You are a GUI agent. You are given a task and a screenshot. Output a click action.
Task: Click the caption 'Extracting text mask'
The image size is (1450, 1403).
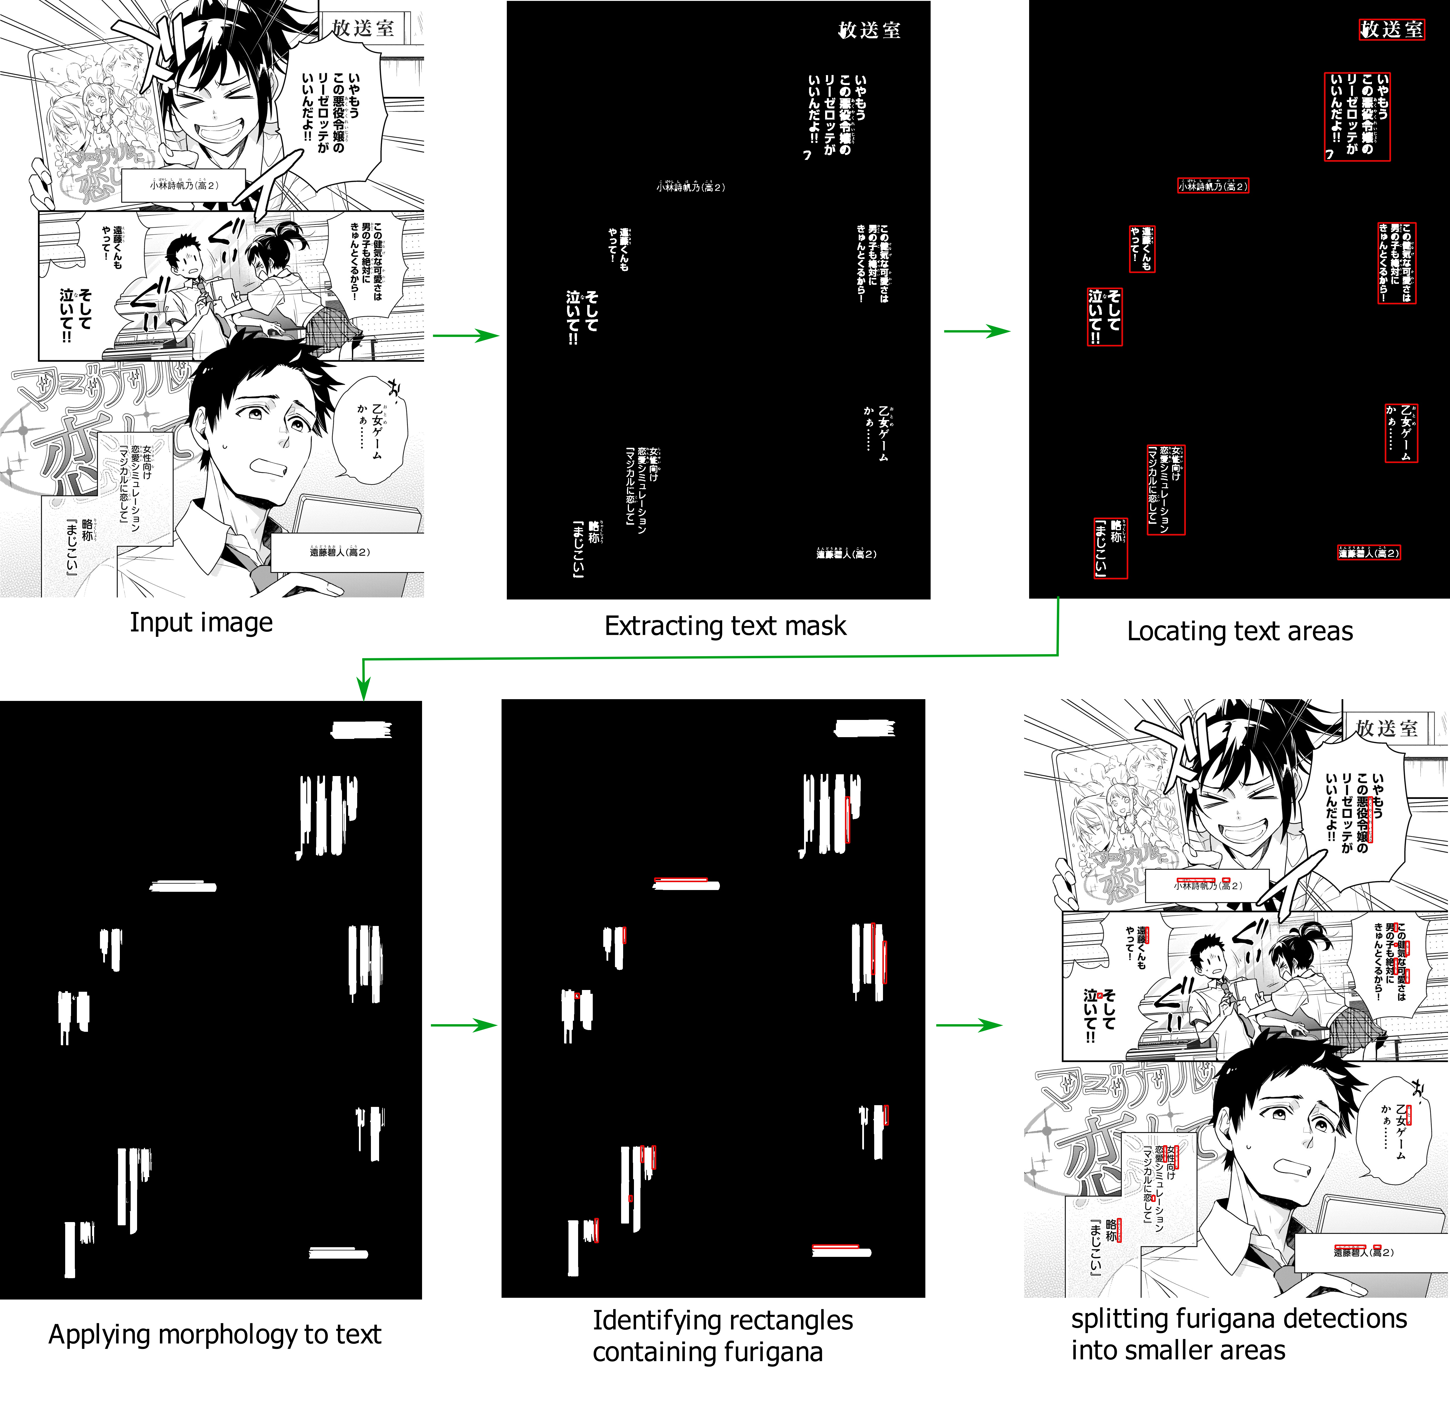(x=725, y=626)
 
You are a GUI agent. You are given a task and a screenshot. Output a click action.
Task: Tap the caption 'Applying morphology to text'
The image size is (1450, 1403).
(x=215, y=1334)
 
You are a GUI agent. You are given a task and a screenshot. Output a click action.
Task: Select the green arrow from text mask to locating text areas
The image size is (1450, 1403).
(x=977, y=331)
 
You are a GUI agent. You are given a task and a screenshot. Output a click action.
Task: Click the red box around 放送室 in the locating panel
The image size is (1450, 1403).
(x=1392, y=30)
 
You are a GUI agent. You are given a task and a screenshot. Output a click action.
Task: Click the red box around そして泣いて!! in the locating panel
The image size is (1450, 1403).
(x=1105, y=317)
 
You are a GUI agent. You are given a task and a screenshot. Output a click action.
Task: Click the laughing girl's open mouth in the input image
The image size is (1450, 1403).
(x=218, y=133)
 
